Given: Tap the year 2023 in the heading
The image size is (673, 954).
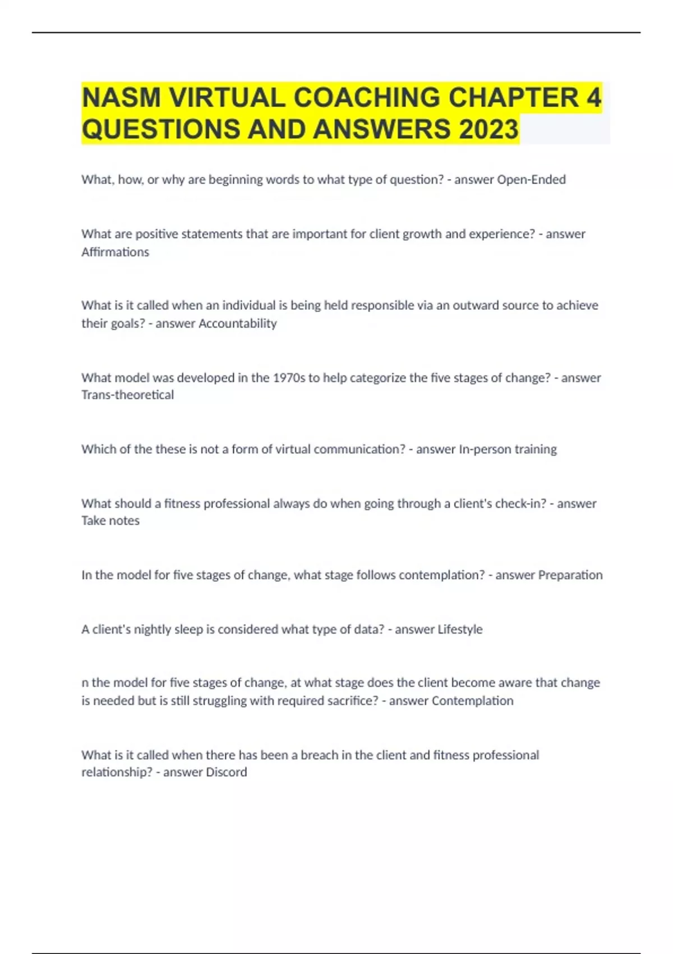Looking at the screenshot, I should pos(488,130).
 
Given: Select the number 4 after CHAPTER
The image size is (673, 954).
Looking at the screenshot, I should pos(594,98).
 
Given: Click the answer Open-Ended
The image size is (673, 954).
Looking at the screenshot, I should pos(531,180).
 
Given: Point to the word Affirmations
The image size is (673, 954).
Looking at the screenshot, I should pos(115,252).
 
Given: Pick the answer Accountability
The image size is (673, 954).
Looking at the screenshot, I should pos(238,323).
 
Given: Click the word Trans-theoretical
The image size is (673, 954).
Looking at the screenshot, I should pos(127,395).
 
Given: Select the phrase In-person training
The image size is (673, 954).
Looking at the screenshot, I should pos(508,449).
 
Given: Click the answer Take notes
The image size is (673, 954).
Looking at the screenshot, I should pos(110,521).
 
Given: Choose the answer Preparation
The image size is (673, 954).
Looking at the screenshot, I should pos(570,575).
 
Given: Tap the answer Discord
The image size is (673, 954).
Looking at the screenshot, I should pos(226,772).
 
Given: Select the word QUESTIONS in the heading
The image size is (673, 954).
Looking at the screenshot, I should pos(160,130).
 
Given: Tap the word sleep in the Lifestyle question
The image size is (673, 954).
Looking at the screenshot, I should pos(188,630).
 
